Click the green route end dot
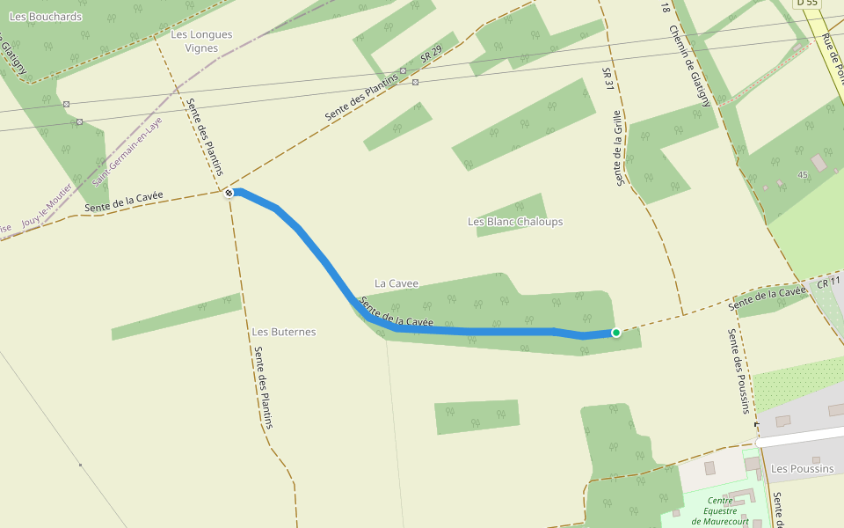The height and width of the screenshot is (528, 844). tap(615, 332)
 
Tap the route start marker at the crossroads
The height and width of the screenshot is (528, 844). tap(229, 192)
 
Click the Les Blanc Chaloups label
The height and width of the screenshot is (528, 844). tap(515, 222)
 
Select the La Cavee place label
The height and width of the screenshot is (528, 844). tap(397, 283)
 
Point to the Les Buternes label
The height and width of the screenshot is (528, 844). tap(283, 332)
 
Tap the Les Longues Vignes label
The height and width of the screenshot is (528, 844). tap(201, 41)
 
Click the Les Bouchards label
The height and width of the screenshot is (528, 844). tap(45, 17)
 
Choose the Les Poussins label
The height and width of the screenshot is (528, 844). tap(802, 469)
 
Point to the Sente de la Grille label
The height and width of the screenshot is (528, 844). tap(619, 148)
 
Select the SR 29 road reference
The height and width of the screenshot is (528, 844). tap(430, 55)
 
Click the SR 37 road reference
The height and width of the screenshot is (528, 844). tap(607, 77)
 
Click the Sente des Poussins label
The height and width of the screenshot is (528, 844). tap(738, 370)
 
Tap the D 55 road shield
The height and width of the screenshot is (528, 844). tap(807, 4)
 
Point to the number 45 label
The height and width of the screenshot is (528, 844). tap(802, 175)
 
